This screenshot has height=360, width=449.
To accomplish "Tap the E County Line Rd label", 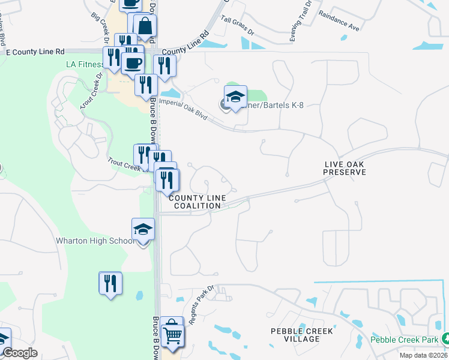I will pyautogui.click(x=35, y=52).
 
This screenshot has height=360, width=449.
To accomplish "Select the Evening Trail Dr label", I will pyautogui.click(x=301, y=21).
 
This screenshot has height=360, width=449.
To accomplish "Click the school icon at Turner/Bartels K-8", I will pyautogui.click(x=236, y=96).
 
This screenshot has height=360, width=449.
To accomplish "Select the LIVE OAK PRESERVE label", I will pyautogui.click(x=345, y=168).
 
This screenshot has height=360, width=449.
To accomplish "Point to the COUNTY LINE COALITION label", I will pyautogui.click(x=197, y=202).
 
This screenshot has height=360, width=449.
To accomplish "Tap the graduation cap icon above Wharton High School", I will pyautogui.click(x=143, y=230).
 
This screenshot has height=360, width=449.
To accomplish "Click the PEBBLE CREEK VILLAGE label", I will pyautogui.click(x=302, y=335).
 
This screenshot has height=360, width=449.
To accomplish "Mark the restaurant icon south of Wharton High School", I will pyautogui.click(x=110, y=283).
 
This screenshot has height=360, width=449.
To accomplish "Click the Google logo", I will pyautogui.click(x=20, y=353).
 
